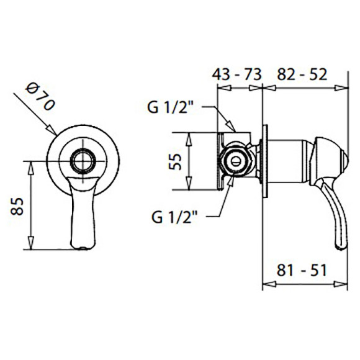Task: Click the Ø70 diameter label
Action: pyautogui.click(x=40, y=97)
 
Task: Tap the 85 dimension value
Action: pyautogui.click(x=17, y=206)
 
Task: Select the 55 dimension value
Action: pyautogui.click(x=175, y=161)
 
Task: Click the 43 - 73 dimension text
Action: pyautogui.click(x=236, y=74)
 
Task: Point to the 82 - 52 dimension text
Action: pyautogui.click(x=302, y=74)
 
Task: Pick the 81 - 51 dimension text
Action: pyautogui.click(x=302, y=270)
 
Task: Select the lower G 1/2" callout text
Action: pyautogui.click(x=174, y=217)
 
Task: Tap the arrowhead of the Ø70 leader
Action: pyautogui.click(x=52, y=130)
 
